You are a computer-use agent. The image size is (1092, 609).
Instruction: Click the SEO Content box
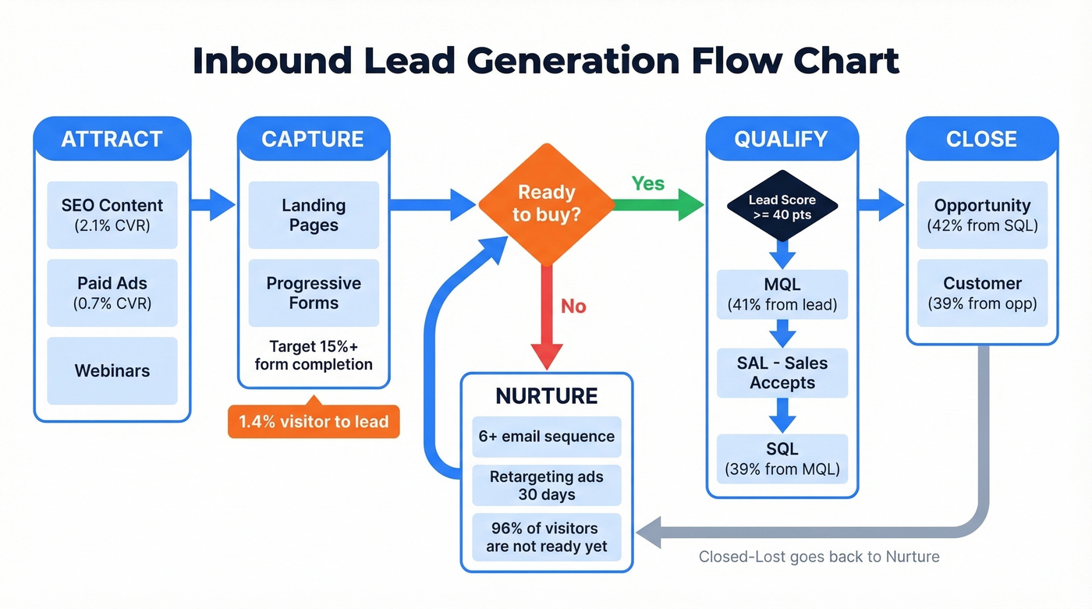click(x=112, y=215)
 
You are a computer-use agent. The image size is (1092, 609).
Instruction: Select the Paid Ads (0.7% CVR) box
click(x=112, y=293)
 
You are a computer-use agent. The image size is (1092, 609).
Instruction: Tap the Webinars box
click(x=112, y=370)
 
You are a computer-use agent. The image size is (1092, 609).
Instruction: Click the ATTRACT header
click(x=112, y=139)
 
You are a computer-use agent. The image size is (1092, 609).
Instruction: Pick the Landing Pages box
click(x=314, y=215)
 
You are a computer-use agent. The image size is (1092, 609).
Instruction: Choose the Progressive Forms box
click(x=314, y=293)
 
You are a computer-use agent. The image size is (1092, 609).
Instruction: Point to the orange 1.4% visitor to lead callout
click(x=314, y=422)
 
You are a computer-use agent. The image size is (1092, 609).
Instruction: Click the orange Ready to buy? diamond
click(x=546, y=204)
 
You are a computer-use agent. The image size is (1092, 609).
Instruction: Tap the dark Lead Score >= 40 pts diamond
click(x=782, y=206)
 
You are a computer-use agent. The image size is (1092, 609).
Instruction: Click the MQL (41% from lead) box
click(x=782, y=295)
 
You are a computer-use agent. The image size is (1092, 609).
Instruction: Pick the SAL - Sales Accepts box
click(x=782, y=373)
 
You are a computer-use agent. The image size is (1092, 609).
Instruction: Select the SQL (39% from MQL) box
click(x=782, y=459)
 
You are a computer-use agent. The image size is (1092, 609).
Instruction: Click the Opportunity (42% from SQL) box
click(x=982, y=215)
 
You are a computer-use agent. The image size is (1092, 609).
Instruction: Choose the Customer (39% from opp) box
click(x=982, y=293)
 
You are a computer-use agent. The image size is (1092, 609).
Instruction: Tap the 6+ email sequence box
click(x=546, y=437)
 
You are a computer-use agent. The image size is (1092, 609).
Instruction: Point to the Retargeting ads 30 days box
click(x=546, y=485)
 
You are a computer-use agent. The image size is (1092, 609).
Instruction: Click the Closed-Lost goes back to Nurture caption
click(x=819, y=557)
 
